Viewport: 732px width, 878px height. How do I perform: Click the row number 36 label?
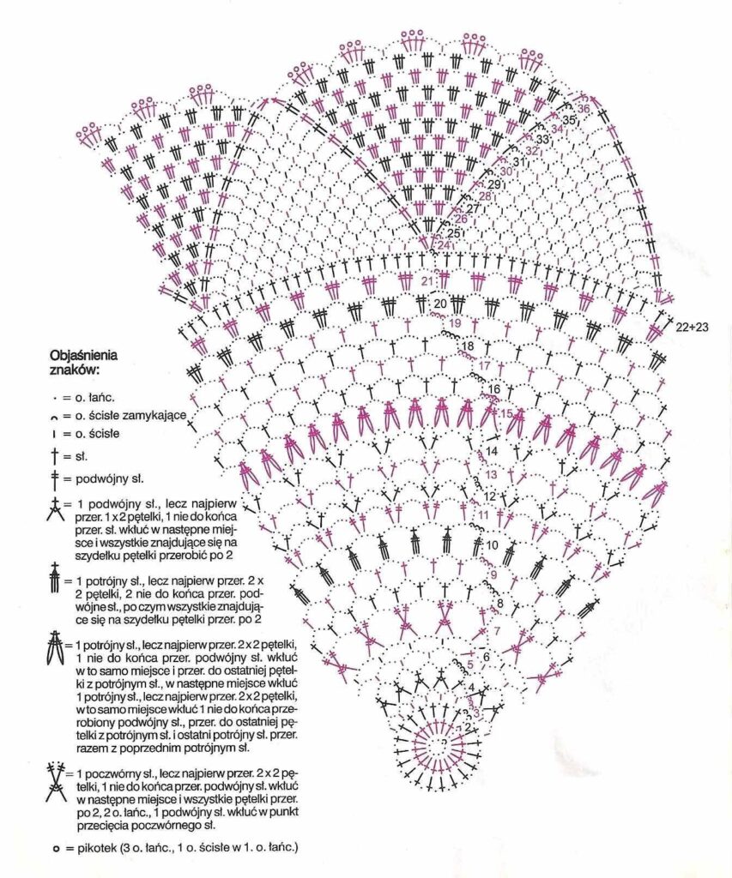[x=584, y=109]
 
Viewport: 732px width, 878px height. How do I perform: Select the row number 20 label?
[x=439, y=304]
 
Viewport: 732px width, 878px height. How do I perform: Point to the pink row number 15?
[x=506, y=414]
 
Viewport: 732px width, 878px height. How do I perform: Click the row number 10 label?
[x=493, y=544]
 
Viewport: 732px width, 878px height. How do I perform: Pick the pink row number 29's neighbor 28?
[x=484, y=196]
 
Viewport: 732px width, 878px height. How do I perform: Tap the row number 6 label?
[x=486, y=657]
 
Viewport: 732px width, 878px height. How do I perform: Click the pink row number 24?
[x=444, y=245]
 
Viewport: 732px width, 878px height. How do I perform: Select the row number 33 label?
[x=542, y=139]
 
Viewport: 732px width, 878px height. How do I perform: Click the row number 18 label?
[x=469, y=346]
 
